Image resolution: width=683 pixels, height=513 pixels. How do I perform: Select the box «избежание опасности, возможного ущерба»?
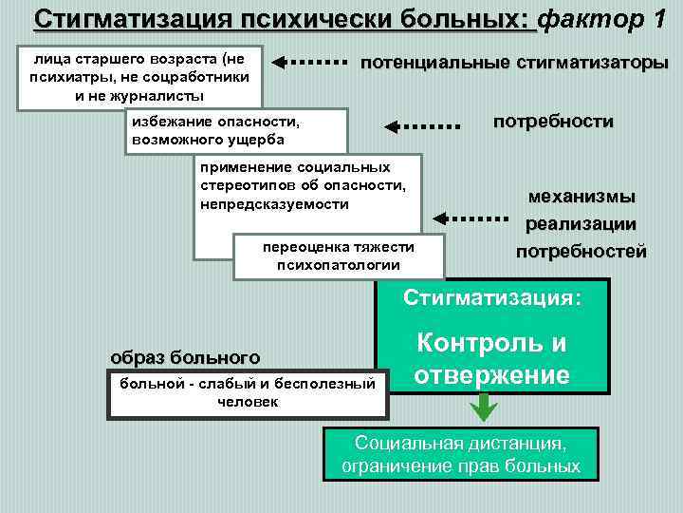(237, 131)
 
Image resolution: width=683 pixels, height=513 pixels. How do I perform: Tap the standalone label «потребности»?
(552, 122)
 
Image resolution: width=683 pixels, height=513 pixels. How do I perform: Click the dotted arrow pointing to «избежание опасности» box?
(419, 124)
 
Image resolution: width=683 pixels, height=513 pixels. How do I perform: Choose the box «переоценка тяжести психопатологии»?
(339, 256)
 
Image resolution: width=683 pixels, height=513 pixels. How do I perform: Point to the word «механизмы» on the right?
(581, 197)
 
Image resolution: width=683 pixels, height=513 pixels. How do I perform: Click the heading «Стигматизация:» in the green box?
(492, 296)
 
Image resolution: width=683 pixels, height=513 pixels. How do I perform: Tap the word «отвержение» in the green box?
(492, 374)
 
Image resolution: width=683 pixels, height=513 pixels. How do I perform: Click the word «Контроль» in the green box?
(492, 344)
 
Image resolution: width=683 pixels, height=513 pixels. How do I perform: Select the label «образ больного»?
(185, 357)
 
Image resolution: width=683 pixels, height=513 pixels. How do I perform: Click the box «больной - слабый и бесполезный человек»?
(249, 392)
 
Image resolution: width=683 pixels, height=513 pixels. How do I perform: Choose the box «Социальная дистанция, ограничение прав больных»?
(461, 454)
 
